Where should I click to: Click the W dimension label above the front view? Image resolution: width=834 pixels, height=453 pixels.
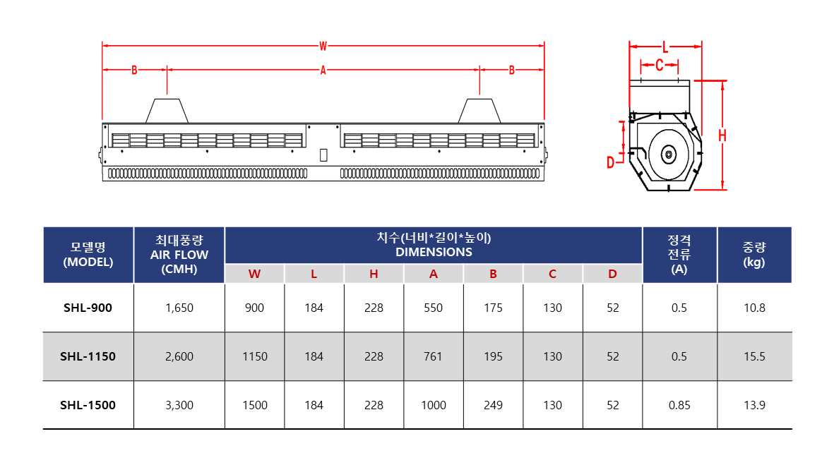click(323, 47)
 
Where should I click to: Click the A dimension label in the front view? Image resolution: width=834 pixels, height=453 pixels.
click(323, 70)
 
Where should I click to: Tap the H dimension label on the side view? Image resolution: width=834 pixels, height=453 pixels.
click(722, 136)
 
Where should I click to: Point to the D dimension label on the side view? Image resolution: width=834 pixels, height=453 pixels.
click(611, 163)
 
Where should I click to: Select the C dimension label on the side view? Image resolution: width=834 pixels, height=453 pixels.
click(659, 65)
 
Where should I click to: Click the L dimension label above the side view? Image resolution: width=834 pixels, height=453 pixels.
click(665, 47)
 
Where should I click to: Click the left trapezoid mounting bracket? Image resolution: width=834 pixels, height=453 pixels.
click(167, 111)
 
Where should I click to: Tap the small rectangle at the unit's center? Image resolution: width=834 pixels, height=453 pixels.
click(323, 155)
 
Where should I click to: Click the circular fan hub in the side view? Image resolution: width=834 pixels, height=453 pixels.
click(669, 155)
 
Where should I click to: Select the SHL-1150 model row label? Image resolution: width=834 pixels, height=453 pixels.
click(88, 356)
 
